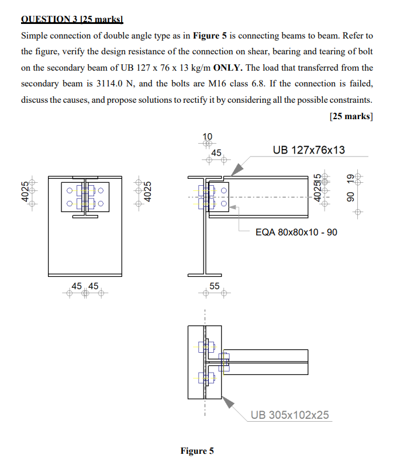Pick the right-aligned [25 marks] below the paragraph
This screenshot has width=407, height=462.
[351, 116]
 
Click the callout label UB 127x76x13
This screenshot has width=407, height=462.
[309, 150]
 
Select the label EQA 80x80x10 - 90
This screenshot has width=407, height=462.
[296, 232]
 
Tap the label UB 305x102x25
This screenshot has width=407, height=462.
[289, 415]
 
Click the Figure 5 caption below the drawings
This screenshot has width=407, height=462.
[197, 451]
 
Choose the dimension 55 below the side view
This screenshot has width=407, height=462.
[215, 286]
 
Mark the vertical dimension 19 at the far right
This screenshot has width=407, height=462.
[351, 177]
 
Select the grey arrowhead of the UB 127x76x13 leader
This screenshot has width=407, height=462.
[237, 169]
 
